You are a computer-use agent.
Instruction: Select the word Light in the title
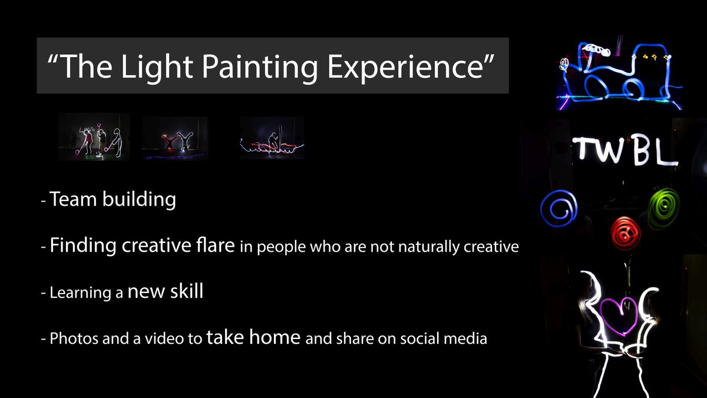click(153, 65)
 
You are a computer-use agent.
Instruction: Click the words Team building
click(113, 200)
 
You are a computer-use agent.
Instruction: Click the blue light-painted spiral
click(559, 208)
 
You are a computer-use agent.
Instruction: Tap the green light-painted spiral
click(663, 208)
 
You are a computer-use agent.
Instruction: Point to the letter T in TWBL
click(587, 150)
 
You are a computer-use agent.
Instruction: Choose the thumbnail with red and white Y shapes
click(174, 137)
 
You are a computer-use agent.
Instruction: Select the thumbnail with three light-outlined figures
click(94, 137)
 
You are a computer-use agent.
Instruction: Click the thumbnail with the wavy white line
click(272, 137)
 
